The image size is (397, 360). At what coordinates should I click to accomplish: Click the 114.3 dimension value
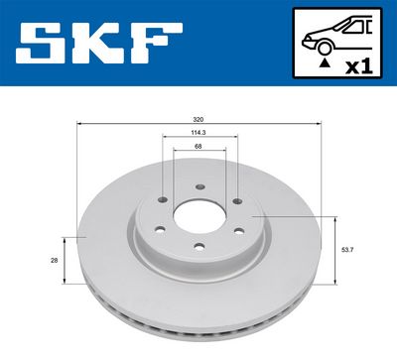(198, 132)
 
